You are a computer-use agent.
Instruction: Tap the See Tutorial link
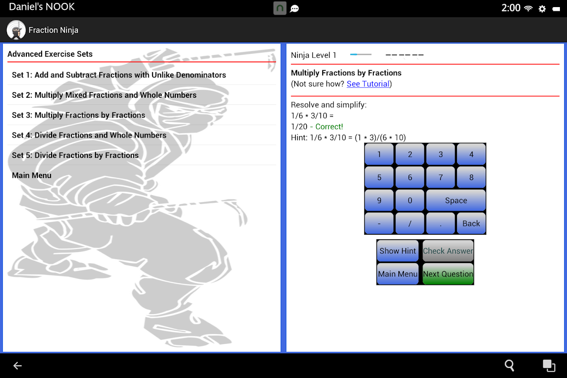point(368,84)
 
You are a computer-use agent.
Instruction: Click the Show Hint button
point(397,250)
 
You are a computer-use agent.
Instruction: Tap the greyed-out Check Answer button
point(448,250)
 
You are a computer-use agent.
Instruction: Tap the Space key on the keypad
point(456,200)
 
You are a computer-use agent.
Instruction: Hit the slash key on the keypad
point(410,223)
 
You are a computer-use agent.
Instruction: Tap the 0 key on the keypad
point(410,200)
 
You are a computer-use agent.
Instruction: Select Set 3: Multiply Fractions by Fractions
point(78,115)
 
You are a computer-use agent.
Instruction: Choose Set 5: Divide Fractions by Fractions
point(75,155)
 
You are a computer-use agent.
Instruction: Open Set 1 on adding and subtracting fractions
point(119,75)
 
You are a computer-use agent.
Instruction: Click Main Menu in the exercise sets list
point(32,175)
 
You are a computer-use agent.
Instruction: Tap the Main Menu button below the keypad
point(397,274)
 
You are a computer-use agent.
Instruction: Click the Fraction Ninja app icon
point(16,30)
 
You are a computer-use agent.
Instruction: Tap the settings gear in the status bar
point(542,9)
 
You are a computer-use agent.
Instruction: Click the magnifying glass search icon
point(509,365)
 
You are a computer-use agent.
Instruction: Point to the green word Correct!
point(329,127)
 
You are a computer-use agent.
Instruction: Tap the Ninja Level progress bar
point(361,54)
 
